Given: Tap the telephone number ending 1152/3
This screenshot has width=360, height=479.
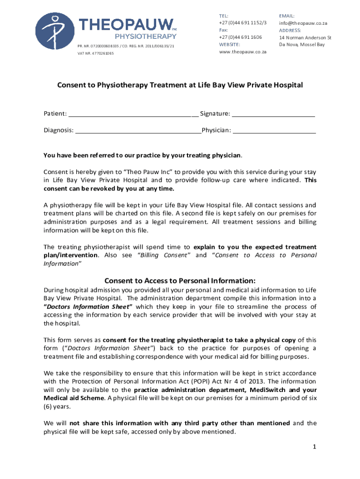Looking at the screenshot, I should (240, 23).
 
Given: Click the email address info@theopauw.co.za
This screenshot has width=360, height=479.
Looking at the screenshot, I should (303, 23).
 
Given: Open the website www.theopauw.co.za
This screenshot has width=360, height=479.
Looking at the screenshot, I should (242, 52).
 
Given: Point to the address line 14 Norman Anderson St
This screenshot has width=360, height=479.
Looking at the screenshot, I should (305, 37).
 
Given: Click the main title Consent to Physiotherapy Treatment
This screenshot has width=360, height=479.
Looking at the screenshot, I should (180, 85).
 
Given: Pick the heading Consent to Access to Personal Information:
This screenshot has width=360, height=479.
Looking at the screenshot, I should (180, 281).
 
